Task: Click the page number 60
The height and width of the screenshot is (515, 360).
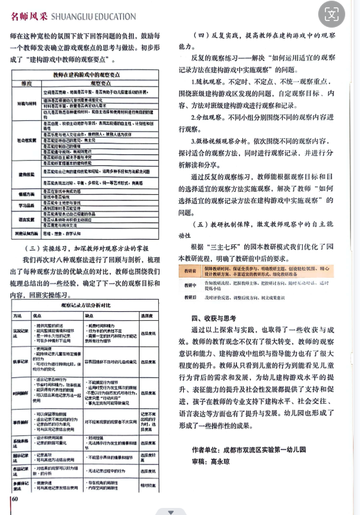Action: tap(14, 498)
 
